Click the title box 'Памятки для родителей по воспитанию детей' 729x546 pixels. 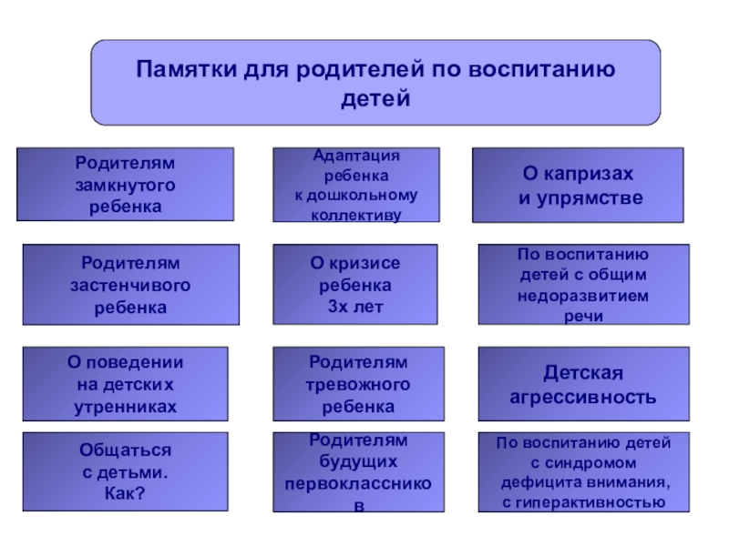point(375,82)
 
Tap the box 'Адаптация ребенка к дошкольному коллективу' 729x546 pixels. point(355,185)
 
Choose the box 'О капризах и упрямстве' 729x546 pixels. point(578,186)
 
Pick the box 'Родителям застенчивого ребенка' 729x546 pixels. point(130,285)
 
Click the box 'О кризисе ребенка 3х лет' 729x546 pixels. point(356,285)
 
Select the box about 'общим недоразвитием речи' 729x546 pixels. point(582,285)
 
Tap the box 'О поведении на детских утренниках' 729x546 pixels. point(125,383)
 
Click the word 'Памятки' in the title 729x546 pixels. point(186,69)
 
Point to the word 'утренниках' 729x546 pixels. point(125,406)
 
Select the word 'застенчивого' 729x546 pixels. point(130,285)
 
